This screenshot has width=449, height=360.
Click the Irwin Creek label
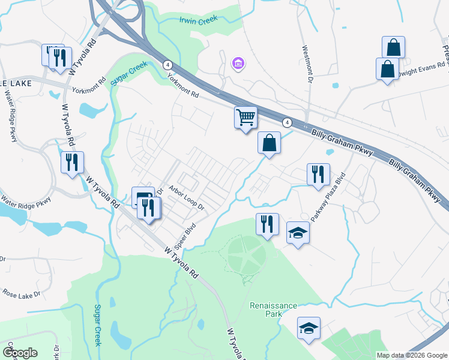coord(198,20)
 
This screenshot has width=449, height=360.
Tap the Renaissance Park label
coord(273,310)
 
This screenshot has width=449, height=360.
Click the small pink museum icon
coord(238,62)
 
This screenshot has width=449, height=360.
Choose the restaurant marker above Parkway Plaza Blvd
coord(318,174)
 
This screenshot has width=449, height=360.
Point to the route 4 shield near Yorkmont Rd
coord(167,65)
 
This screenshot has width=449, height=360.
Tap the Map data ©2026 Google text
coord(411,355)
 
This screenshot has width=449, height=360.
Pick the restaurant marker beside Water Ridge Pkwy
coord(72,162)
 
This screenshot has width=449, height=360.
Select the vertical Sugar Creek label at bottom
coord(98,325)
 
